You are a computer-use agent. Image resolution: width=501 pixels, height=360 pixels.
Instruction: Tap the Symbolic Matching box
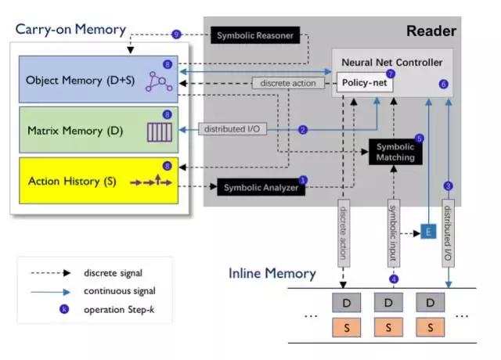pyautogui.click(x=395, y=152)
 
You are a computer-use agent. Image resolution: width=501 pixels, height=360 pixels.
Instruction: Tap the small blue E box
pyautogui.click(x=428, y=233)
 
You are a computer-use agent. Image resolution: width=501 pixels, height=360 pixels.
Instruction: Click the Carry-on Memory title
pyautogui.click(x=70, y=29)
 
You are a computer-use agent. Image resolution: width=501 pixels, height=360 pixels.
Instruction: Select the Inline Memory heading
pyautogui.click(x=272, y=273)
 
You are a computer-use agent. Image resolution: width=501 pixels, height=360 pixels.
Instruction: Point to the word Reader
pyautogui.click(x=431, y=31)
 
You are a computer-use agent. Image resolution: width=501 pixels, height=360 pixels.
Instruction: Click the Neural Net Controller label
pyautogui.click(x=392, y=61)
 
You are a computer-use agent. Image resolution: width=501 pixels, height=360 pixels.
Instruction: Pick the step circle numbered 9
pyautogui.click(x=176, y=34)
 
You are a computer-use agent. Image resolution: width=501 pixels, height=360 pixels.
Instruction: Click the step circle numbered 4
pyautogui.click(x=394, y=279)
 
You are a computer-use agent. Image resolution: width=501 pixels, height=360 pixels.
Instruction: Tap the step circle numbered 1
pyautogui.click(x=304, y=180)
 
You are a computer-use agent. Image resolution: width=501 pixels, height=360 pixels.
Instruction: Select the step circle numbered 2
pyautogui.click(x=302, y=129)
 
